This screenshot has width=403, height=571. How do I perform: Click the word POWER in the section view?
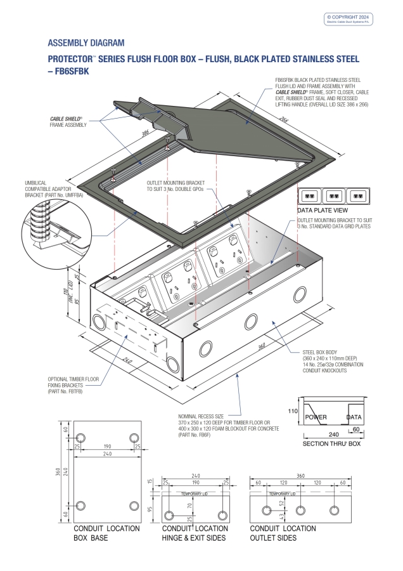(316, 417)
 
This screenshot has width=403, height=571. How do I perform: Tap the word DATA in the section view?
(354, 417)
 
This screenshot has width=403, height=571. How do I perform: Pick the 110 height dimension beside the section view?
(293, 411)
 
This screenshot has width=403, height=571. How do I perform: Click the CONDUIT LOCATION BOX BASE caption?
(107, 533)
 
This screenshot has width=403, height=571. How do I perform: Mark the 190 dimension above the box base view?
(107, 447)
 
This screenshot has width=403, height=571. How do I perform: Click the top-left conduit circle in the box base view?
(80, 438)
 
